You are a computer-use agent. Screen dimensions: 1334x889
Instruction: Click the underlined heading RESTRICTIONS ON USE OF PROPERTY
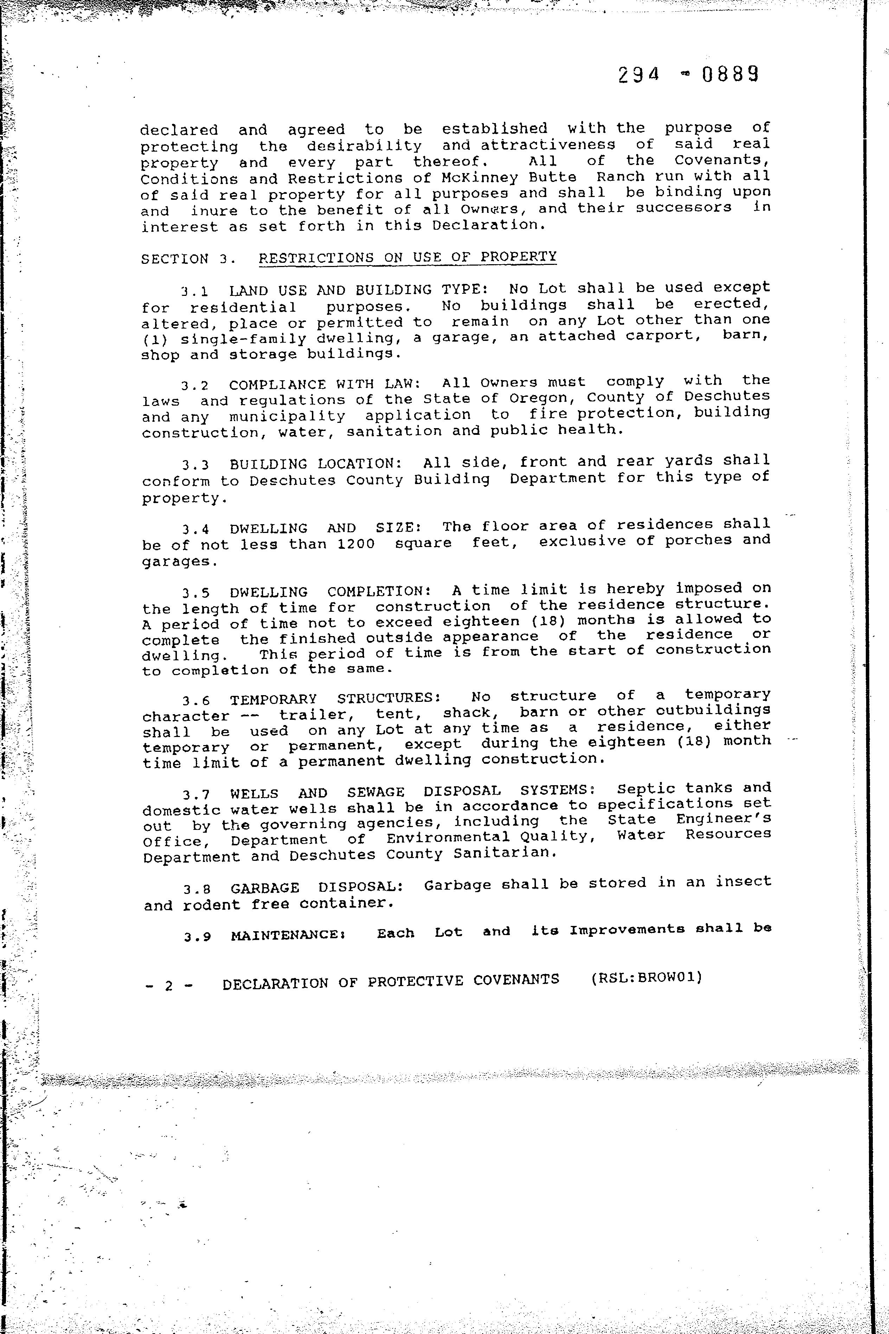408,257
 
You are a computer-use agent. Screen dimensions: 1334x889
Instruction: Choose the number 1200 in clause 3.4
356,544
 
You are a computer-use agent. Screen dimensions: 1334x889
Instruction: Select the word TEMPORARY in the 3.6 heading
273,699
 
